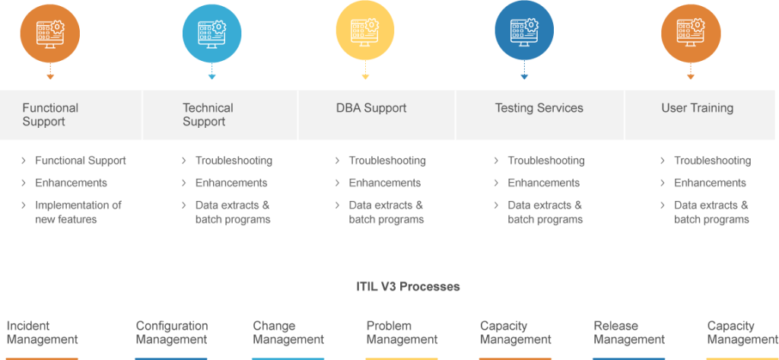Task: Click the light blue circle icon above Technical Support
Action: click(212, 33)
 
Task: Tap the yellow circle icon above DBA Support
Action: click(365, 33)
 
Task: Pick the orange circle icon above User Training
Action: click(691, 33)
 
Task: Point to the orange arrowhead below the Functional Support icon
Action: click(50, 77)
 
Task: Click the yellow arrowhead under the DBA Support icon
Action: click(365, 77)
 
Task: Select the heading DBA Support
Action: click(371, 108)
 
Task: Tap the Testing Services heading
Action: click(539, 108)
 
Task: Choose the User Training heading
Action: click(697, 108)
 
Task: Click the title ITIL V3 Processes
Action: click(408, 287)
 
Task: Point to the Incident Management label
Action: click(43, 333)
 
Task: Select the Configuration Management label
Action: click(172, 333)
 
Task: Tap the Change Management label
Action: click(288, 333)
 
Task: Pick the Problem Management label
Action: click(402, 333)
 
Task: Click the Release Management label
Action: click(629, 333)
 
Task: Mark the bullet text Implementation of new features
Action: click(78, 212)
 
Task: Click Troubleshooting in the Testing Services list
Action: click(546, 161)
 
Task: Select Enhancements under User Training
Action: click(710, 183)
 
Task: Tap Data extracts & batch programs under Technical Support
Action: click(233, 212)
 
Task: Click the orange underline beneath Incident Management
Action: click(43, 358)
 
